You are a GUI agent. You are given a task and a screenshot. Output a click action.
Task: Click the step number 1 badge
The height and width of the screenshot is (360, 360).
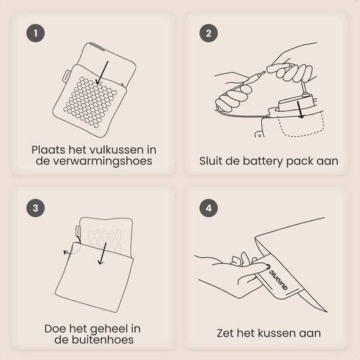pyautogui.click(x=35, y=33)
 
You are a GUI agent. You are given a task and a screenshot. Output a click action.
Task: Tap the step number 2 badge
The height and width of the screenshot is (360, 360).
pyautogui.click(x=208, y=33)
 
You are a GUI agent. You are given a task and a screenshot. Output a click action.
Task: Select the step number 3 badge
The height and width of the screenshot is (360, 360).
pyautogui.click(x=35, y=208)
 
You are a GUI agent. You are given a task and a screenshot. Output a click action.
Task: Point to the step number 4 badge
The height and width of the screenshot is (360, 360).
pyautogui.click(x=208, y=208)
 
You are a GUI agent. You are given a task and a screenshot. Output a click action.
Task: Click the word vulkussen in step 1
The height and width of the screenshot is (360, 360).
pyautogui.click(x=116, y=150)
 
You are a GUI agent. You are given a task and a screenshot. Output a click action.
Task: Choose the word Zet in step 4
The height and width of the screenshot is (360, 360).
pyautogui.click(x=225, y=333)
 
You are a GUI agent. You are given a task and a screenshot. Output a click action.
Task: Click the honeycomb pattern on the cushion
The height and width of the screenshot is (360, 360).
pyautogui.click(x=90, y=101)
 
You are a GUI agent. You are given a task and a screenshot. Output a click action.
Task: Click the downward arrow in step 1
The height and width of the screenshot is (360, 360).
pyautogui.click(x=102, y=73)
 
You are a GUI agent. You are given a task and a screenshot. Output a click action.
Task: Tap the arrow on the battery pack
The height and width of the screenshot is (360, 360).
pyautogui.click(x=300, y=110)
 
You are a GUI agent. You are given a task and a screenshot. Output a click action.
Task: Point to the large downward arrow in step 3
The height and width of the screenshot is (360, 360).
pyautogui.click(x=102, y=253)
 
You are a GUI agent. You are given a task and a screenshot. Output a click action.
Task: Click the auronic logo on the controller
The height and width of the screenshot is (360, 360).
pyautogui.click(x=278, y=278)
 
